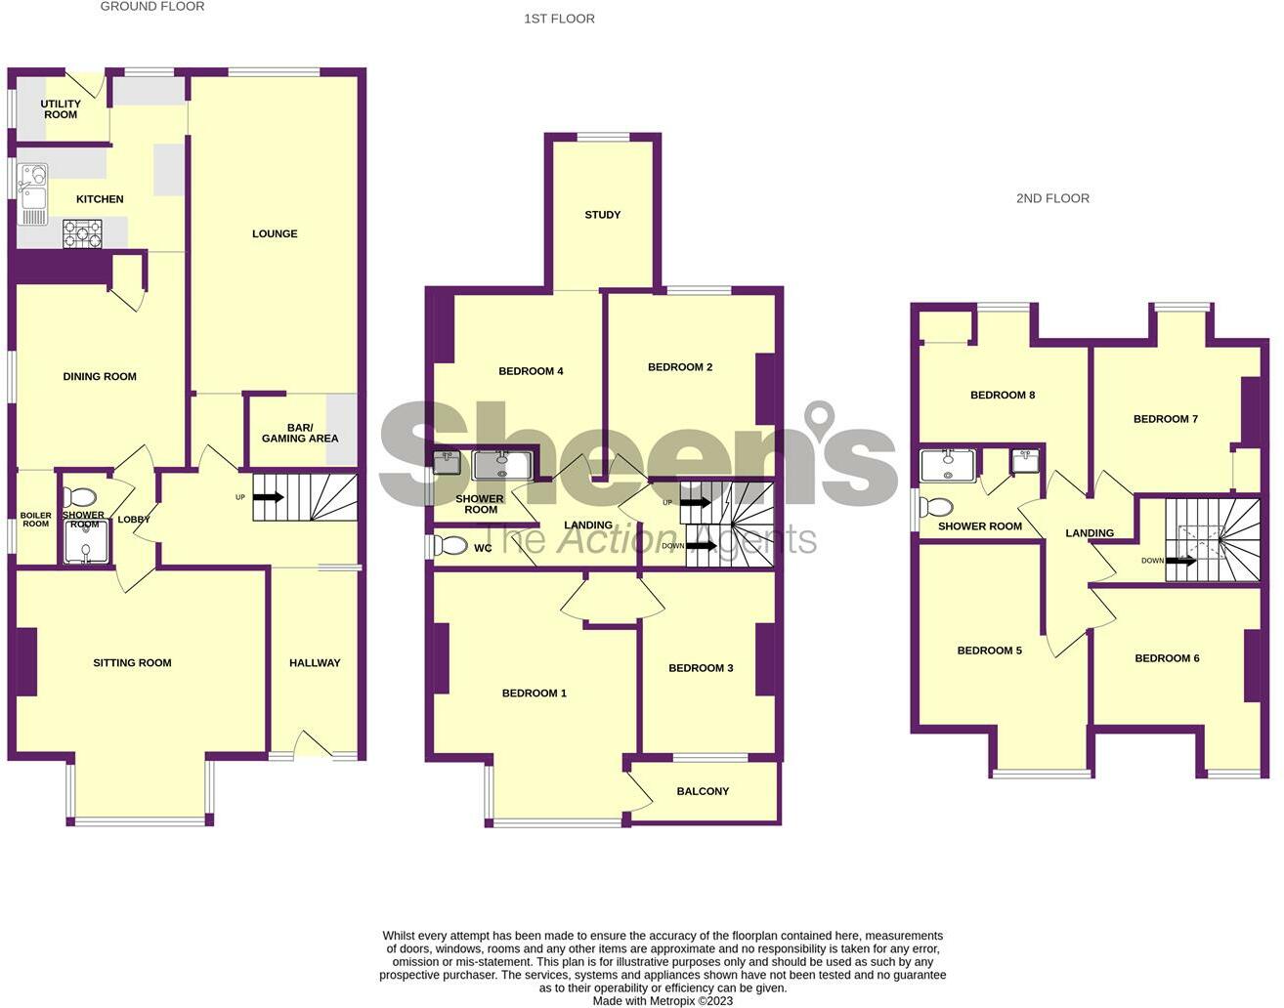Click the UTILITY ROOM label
click(x=61, y=109)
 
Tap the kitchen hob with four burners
click(x=82, y=233)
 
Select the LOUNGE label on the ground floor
click(x=275, y=233)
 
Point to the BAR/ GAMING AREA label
click(x=300, y=433)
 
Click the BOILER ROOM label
click(x=35, y=520)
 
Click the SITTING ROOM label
click(x=132, y=662)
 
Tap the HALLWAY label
click(x=315, y=662)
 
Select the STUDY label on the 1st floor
click(x=603, y=215)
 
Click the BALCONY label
click(x=703, y=791)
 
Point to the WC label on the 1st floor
click(x=483, y=549)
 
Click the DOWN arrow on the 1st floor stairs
click(x=701, y=546)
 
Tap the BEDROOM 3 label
click(x=701, y=668)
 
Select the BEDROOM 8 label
click(x=1003, y=396)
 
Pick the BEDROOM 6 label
click(x=1167, y=658)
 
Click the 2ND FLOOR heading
click(x=1052, y=198)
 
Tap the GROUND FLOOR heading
click(x=152, y=6)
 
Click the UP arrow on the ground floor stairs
click(x=269, y=497)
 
